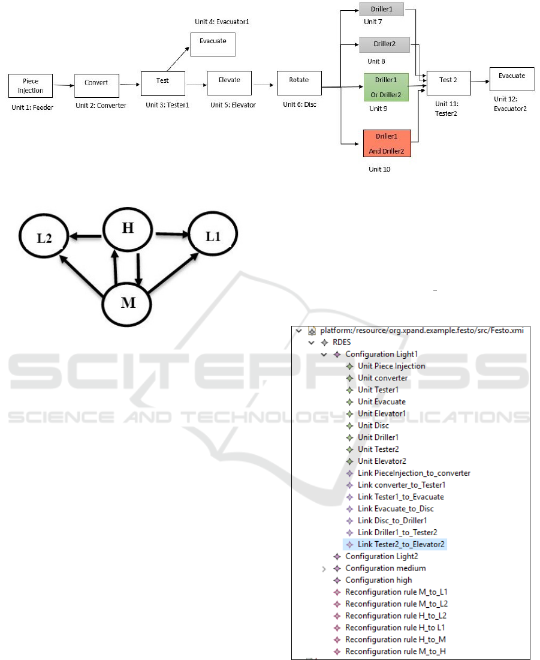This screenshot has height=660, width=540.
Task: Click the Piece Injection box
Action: pos(31,86)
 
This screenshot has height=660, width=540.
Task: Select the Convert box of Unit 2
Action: pos(96,85)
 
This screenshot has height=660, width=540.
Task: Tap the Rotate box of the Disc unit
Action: pos(299,83)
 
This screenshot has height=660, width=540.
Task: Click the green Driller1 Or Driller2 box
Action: pos(386,88)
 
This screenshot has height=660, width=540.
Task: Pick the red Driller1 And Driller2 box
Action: pos(387,143)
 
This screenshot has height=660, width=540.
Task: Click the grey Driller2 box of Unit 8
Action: pos(384,44)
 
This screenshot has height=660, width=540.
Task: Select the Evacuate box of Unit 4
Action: pos(213,45)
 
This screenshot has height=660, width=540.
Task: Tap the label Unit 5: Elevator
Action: pos(233,105)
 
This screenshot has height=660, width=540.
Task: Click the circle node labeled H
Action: pos(128,229)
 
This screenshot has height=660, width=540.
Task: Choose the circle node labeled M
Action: pos(128,302)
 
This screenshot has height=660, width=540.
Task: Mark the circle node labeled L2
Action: pos(43,237)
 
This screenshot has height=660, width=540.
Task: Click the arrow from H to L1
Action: pos(172,234)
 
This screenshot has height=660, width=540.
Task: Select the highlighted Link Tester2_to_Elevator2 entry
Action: pos(401,544)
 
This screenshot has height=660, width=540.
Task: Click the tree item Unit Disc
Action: pos(373,425)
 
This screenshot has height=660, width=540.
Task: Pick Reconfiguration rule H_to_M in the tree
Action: pos(395,640)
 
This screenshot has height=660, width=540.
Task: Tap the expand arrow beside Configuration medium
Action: pos(324,568)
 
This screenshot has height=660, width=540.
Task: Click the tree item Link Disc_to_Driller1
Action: pos(392,520)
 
